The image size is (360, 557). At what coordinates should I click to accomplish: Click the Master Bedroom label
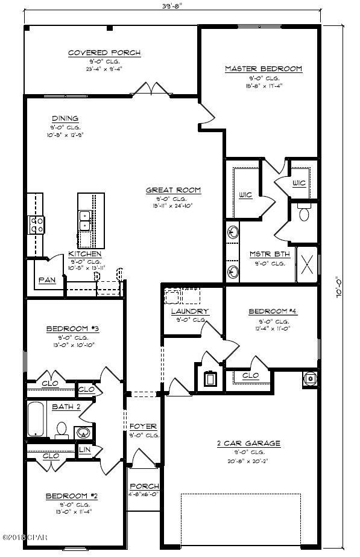click(263, 69)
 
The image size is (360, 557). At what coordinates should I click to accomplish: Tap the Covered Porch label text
click(104, 53)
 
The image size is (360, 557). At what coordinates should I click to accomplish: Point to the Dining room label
click(65, 118)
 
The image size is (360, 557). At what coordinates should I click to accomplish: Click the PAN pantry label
click(48, 280)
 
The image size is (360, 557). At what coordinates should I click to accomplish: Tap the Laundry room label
click(189, 311)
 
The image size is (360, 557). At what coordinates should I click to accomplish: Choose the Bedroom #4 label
click(273, 311)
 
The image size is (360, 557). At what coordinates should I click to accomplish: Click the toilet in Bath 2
click(61, 429)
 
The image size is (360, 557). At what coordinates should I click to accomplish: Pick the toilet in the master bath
click(304, 212)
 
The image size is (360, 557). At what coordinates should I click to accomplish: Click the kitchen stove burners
click(36, 225)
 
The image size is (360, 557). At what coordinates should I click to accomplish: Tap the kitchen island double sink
click(85, 220)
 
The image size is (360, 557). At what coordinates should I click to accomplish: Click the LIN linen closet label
click(85, 450)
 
